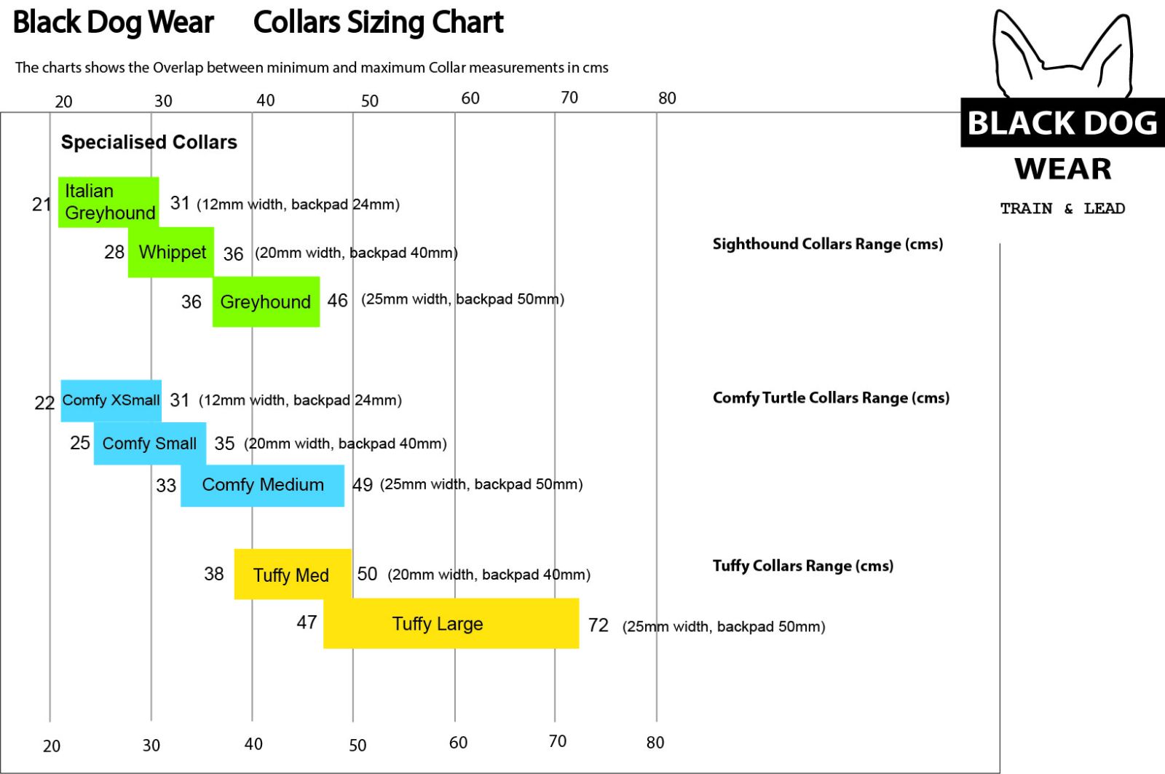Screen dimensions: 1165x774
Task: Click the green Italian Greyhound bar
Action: point(108,202)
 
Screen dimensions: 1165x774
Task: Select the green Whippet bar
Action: point(170,252)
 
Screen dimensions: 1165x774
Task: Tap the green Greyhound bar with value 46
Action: point(266,301)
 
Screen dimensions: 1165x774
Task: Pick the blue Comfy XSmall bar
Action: point(111,400)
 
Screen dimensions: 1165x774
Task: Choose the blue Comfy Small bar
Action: point(150,443)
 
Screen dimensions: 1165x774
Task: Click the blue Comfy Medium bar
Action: point(262,486)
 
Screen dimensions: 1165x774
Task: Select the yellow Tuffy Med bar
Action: point(293,574)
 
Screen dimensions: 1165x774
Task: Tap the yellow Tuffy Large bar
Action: point(451,623)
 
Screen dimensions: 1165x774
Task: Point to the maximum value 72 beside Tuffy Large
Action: point(598,625)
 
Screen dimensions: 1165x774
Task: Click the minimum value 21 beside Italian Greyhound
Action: point(41,205)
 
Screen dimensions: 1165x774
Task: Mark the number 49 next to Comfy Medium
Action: point(363,485)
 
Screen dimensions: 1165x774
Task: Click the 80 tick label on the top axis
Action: point(667,98)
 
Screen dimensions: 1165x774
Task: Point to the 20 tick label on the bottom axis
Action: point(52,746)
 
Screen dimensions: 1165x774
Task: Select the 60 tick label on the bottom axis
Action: point(458,743)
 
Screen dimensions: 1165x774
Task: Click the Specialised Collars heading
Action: point(149,142)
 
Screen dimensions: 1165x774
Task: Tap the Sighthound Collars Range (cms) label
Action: point(827,244)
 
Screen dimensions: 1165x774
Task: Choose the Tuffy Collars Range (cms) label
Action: point(803,566)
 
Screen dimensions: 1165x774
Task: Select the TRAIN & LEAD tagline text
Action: point(1062,208)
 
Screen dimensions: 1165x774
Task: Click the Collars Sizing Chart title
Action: point(378,23)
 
